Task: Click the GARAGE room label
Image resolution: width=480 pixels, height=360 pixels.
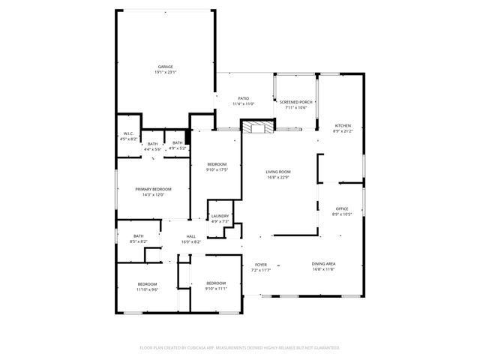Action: pyautogui.click(x=165, y=67)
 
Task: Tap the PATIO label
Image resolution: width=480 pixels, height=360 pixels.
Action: pyautogui.click(x=244, y=98)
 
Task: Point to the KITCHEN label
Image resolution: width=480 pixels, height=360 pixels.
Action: pyautogui.click(x=343, y=125)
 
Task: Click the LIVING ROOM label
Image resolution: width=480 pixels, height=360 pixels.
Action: pyautogui.click(x=277, y=172)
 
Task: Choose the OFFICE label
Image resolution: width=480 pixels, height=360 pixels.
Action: pyautogui.click(x=342, y=208)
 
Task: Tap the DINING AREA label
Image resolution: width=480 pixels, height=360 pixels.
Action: pyautogui.click(x=324, y=264)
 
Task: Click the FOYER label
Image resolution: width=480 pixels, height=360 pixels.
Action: pyautogui.click(x=261, y=265)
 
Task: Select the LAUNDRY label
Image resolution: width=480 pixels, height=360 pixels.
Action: pyautogui.click(x=220, y=216)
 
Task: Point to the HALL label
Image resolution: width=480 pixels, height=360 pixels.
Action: pyautogui.click(x=191, y=236)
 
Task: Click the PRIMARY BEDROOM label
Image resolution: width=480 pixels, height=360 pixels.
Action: pyautogui.click(x=152, y=190)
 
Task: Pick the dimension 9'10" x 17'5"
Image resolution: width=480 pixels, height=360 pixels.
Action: pyautogui.click(x=217, y=170)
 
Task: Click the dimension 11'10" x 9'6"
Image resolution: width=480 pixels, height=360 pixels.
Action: pyautogui.click(x=147, y=288)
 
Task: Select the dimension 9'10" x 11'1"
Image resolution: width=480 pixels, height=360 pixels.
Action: pyautogui.click(x=216, y=287)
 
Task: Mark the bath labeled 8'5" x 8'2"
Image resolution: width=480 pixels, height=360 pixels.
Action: pyautogui.click(x=138, y=241)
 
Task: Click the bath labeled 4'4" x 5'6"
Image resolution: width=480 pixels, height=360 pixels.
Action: pyautogui.click(x=152, y=148)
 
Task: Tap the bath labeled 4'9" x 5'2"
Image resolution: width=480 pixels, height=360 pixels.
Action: pyautogui.click(x=178, y=147)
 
